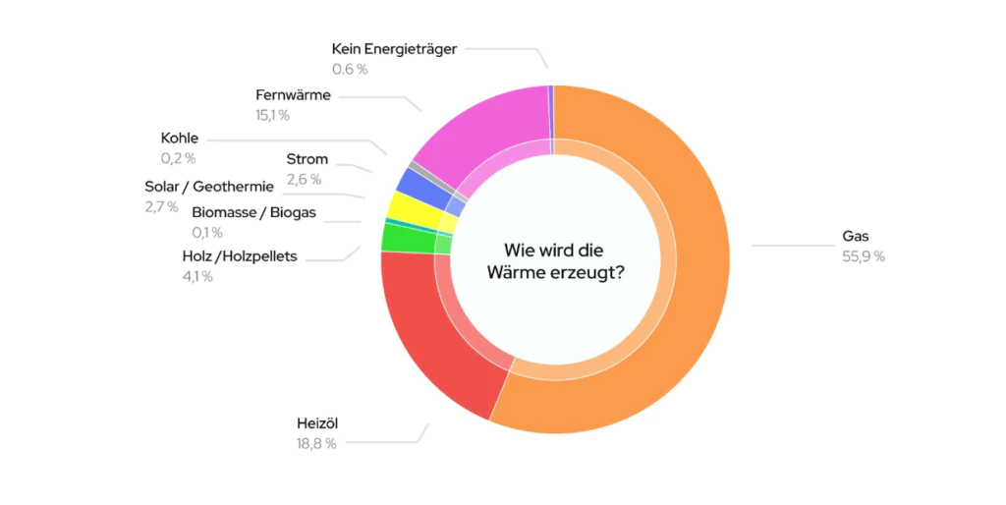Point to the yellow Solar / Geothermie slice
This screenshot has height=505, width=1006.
[402, 207]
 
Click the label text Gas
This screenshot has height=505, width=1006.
[856, 236]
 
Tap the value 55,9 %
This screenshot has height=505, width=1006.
[864, 256]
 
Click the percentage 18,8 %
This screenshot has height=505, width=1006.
[316, 444]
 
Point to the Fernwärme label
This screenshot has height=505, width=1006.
[293, 95]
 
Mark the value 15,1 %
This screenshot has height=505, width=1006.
[272, 116]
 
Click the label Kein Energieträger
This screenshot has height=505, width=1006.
[394, 48]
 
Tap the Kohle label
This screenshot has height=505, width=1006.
[180, 138]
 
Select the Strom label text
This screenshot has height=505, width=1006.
[307, 159]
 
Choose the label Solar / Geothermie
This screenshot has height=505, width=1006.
[208, 187]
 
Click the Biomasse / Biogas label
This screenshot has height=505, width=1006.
[253, 212]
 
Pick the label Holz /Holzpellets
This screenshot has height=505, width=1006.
[240, 256]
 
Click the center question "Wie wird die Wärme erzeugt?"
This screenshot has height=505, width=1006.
[555, 261]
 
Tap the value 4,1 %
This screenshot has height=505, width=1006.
[196, 276]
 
